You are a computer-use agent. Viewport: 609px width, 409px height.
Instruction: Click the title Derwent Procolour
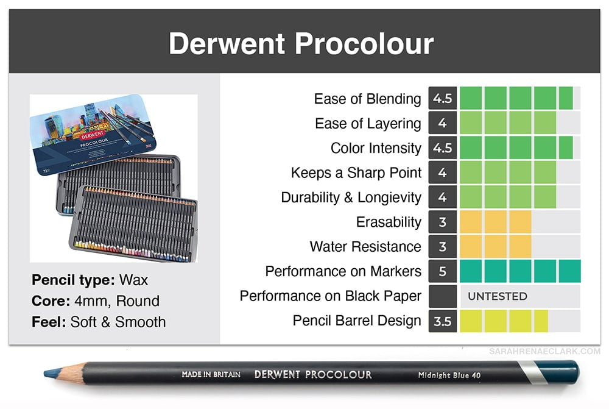(301, 43)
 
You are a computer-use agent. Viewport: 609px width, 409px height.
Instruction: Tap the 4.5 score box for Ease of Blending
(442, 98)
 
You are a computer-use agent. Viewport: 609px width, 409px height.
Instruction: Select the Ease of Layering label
(368, 124)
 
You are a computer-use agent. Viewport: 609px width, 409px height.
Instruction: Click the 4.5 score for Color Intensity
(442, 148)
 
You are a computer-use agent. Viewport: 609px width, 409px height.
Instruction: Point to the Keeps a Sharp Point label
(356, 172)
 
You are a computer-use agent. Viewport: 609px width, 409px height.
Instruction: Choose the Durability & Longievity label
(351, 197)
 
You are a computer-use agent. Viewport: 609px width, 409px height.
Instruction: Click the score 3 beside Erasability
(442, 222)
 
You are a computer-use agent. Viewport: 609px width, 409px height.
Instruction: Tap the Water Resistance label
(365, 246)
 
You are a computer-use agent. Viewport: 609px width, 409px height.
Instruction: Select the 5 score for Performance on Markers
(442, 271)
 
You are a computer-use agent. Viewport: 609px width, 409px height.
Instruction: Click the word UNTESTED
(498, 296)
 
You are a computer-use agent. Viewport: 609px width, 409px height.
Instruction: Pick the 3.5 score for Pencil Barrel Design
(442, 321)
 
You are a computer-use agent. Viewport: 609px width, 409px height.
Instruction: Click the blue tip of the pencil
(51, 373)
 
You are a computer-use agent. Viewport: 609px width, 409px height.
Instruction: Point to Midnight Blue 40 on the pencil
(449, 375)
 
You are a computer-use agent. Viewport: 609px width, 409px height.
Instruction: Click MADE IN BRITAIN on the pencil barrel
(211, 374)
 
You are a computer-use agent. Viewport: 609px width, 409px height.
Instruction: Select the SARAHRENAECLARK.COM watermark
(544, 352)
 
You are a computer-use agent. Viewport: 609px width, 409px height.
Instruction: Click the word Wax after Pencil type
(133, 280)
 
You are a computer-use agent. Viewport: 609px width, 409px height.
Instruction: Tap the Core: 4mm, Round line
(96, 301)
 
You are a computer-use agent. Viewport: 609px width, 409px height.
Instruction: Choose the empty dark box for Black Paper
(442, 296)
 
